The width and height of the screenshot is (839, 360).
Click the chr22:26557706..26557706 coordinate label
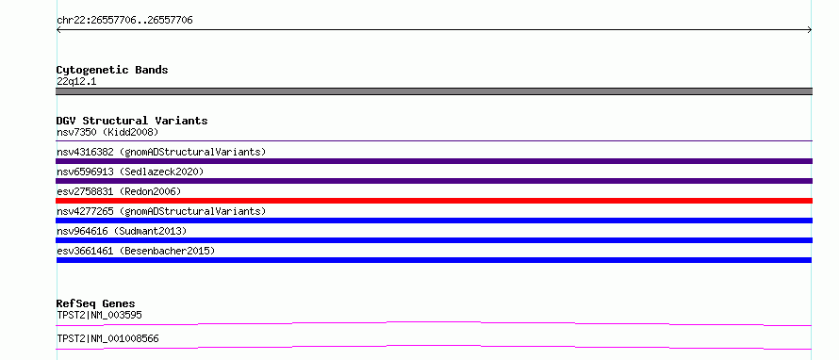[x=124, y=21]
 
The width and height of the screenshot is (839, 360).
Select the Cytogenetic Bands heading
[x=112, y=70]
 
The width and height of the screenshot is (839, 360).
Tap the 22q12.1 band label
[x=76, y=82]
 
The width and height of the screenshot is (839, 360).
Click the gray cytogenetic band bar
[x=434, y=91]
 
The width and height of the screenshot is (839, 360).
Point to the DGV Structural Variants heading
[x=132, y=121]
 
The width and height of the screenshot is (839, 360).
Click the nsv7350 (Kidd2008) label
[x=107, y=132]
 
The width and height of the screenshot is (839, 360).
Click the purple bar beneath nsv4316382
[x=434, y=161]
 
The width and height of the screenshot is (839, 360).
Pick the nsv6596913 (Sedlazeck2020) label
[x=130, y=172]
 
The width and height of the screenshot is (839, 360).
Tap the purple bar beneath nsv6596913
[x=434, y=181]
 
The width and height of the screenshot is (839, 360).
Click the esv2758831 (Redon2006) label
[x=119, y=191]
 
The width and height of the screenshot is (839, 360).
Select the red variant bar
[x=434, y=201]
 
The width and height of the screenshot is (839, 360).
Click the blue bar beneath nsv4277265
[x=434, y=221]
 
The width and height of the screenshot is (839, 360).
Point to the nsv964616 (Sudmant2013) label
[x=122, y=231]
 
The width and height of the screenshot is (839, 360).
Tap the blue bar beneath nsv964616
[x=434, y=240]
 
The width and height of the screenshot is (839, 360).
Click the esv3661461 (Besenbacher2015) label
[x=136, y=251]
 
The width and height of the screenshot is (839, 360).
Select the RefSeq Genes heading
[x=96, y=303]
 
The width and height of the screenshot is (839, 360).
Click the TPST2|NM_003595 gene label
[x=99, y=315]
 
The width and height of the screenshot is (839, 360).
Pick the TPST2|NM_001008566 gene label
[x=107, y=338]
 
